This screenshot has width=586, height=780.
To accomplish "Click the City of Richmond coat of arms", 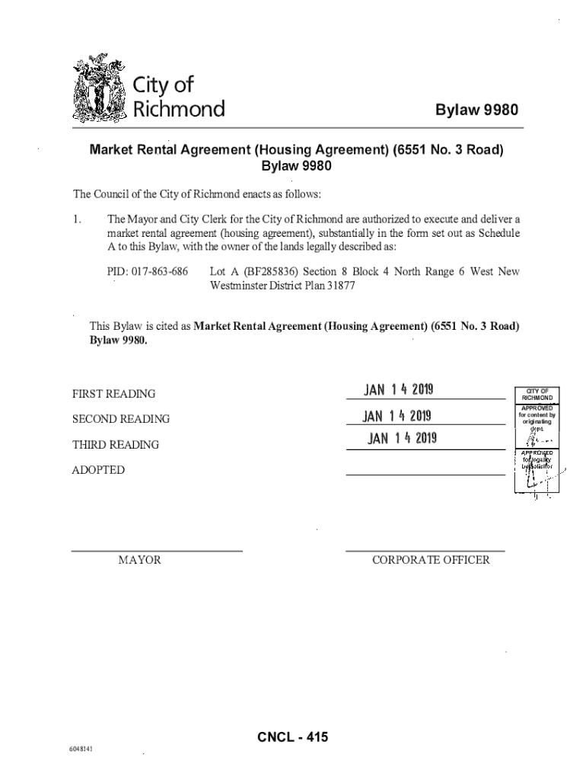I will [x=100, y=89].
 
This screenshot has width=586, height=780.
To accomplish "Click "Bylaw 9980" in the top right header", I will [x=476, y=111].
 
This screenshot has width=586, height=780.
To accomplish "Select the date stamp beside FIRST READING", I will [x=398, y=390].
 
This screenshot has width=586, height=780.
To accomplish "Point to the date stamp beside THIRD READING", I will [x=401, y=439].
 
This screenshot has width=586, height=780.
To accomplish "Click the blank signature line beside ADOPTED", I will [x=425, y=474].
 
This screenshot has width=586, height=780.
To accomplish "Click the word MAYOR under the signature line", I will [x=139, y=561].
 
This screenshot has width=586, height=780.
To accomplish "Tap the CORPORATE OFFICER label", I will [x=431, y=561].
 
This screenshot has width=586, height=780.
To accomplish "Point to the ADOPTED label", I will [x=98, y=470].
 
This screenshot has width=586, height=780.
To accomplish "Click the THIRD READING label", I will [x=116, y=445].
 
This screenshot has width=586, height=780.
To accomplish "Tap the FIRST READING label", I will [x=113, y=395].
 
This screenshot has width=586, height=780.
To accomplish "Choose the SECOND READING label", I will [x=121, y=420].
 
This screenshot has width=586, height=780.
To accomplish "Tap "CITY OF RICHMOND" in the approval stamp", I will [x=537, y=395].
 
